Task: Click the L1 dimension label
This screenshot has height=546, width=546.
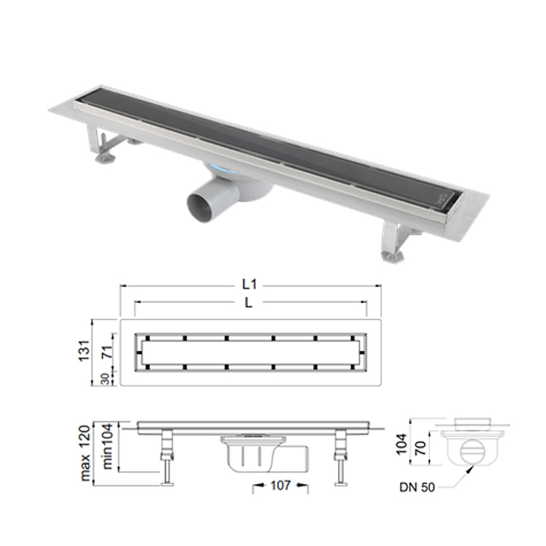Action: [249, 285]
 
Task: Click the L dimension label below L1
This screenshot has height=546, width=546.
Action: [248, 303]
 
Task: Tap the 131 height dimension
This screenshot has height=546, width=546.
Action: [85, 351]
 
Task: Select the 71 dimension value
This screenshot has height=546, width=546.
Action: [109, 352]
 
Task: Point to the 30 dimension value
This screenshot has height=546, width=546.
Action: [106, 379]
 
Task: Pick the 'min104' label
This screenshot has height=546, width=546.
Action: [108, 446]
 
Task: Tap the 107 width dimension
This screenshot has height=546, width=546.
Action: [281, 485]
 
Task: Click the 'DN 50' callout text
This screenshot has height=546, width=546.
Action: [417, 487]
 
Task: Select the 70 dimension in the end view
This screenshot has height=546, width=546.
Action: [421, 448]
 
